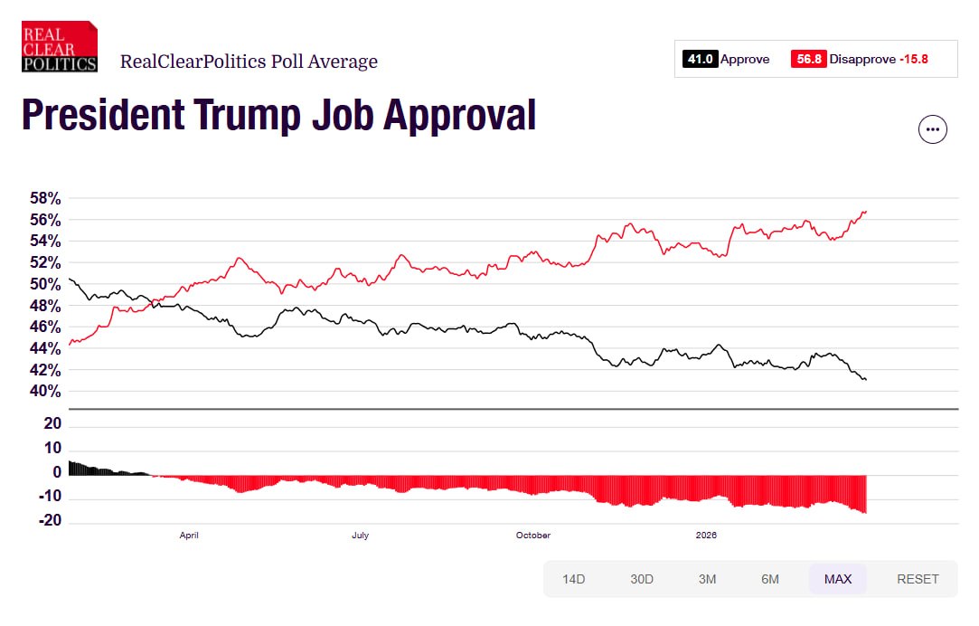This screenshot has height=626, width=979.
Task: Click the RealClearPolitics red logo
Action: pos(60,47)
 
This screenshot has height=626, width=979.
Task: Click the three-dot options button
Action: pos(933,129)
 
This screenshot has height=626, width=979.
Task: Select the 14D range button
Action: pos(574,579)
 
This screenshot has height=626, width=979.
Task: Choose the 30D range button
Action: pos(642,579)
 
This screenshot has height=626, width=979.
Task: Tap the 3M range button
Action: pos(708,579)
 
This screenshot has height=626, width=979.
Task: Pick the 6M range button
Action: pos(770,579)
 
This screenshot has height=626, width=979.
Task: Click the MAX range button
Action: pos(838,579)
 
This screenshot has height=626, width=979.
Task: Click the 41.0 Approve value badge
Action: pos(700,60)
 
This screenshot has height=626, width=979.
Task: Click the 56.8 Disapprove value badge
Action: pos(808,60)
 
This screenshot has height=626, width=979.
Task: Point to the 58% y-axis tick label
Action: pos(42,198)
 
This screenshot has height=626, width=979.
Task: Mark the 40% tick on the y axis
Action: pos(42,392)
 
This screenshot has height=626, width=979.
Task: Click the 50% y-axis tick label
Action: pos(42,284)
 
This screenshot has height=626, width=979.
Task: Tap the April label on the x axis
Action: pos(189,536)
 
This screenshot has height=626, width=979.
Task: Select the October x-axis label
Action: pos(533,536)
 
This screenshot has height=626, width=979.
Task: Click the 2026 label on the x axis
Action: pos(706,536)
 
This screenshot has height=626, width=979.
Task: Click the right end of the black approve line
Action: pos(865,379)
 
